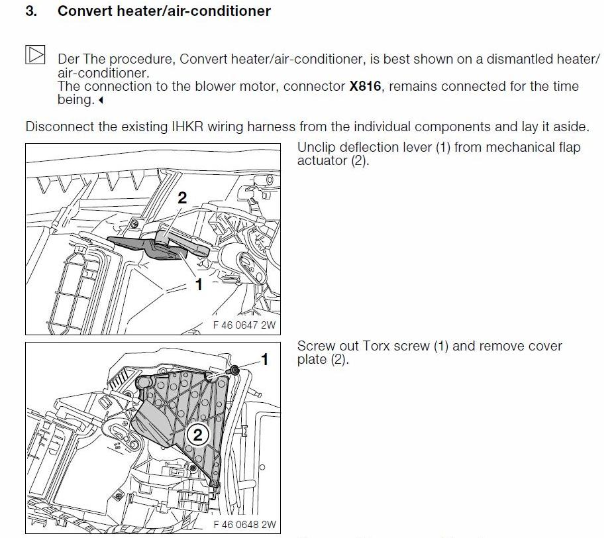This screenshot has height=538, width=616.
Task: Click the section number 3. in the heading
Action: [30, 11]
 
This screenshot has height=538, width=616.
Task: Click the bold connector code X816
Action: [365, 87]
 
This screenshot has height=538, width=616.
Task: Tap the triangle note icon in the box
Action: [35, 54]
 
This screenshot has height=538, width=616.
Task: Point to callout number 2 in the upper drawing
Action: [182, 197]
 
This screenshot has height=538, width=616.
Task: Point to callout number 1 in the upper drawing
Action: [198, 284]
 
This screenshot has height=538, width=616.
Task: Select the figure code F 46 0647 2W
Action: [243, 325]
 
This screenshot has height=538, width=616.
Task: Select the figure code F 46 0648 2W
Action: [243, 525]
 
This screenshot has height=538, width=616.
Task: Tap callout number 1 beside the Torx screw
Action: [265, 360]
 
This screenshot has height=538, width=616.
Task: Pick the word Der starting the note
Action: [69, 59]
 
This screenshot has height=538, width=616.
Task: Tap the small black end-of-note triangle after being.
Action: [101, 101]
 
